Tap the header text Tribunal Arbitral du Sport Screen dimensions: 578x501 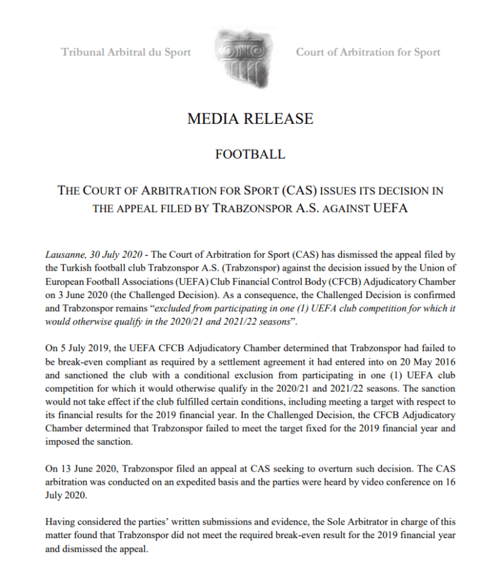(x=126, y=52)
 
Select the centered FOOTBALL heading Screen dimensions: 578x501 (x=250, y=155)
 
